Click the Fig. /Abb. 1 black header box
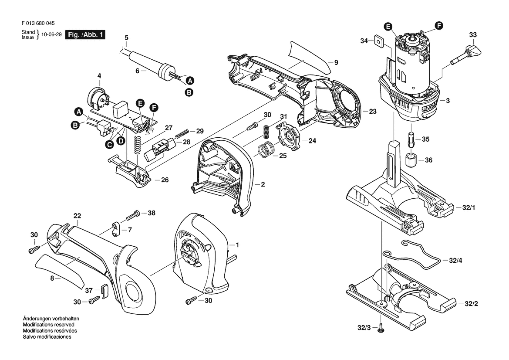(x=84, y=35)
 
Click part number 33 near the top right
(x=473, y=34)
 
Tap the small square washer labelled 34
(x=378, y=41)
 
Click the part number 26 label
(x=165, y=180)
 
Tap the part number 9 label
(x=336, y=62)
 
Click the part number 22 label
(x=78, y=216)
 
